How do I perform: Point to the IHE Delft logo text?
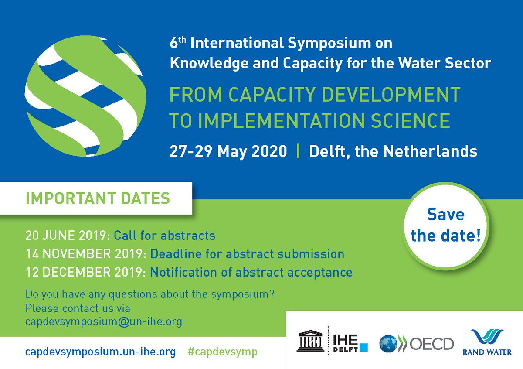[349, 343]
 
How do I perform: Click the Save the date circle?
[445, 225]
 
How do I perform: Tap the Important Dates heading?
[98, 198]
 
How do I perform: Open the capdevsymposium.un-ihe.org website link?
[101, 352]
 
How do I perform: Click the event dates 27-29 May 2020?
[228, 151]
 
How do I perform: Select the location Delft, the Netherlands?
[393, 151]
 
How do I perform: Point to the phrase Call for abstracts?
[165, 236]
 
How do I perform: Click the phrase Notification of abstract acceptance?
[251, 273]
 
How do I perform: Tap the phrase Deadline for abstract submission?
[247, 254]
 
